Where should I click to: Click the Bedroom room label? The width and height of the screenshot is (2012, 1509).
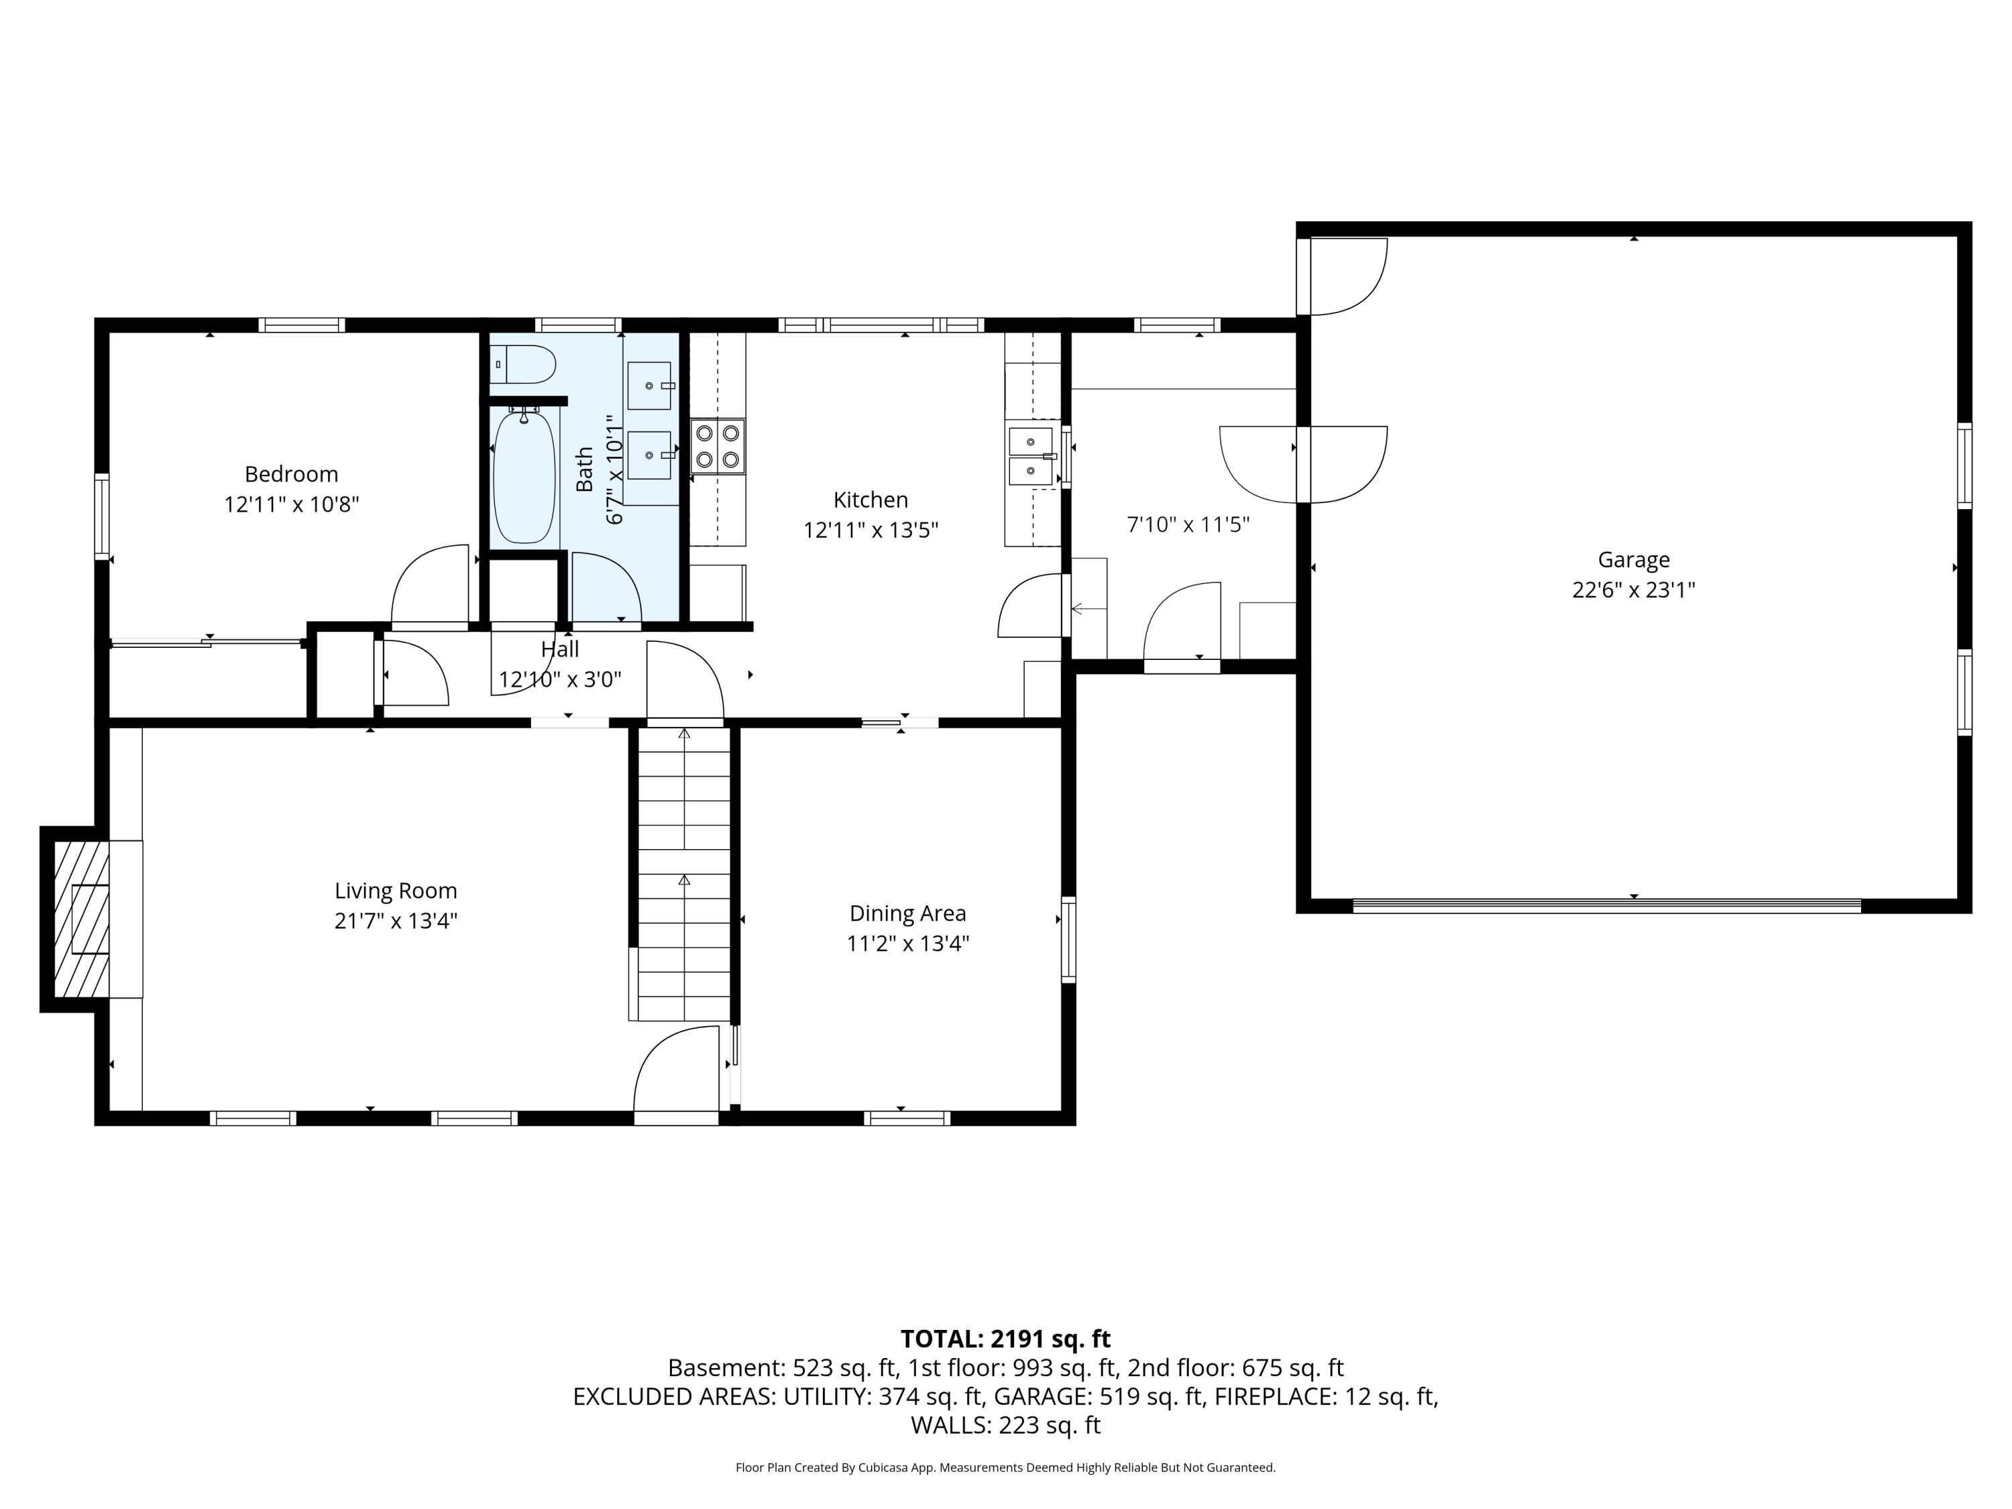click(291, 474)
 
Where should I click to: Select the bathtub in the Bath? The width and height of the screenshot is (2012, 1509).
click(524, 478)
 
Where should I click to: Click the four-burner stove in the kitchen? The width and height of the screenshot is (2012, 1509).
click(718, 447)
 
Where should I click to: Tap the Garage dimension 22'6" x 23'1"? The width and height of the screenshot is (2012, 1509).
click(1634, 590)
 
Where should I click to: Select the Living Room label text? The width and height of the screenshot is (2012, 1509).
click(396, 891)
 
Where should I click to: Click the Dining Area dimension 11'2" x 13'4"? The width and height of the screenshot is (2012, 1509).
click(908, 943)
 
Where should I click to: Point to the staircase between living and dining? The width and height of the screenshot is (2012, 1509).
click(684, 873)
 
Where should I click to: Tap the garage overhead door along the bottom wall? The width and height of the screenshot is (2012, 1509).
click(1606, 906)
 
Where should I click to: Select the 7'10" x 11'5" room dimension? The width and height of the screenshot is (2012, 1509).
click(1188, 525)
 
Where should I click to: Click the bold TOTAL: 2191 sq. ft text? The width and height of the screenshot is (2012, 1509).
click(1005, 1339)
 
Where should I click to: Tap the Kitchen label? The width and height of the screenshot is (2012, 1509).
click(871, 500)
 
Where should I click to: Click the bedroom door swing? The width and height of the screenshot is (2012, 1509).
click(429, 585)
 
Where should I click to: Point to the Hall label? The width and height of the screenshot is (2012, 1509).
click(559, 649)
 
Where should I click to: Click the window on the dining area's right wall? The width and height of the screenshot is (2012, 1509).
click(1069, 940)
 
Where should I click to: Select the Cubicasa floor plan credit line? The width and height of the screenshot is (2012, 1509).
click(1005, 1467)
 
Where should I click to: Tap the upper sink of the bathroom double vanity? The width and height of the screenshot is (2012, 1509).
click(649, 386)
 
